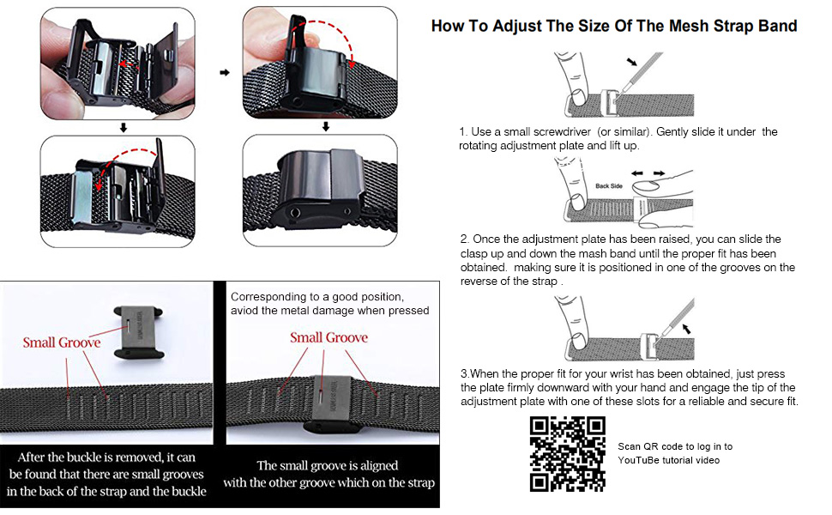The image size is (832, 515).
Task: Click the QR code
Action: [x=567, y=454]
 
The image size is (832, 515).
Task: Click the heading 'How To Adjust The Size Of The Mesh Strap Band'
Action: [x=614, y=26]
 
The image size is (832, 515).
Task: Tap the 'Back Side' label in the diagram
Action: [x=609, y=185]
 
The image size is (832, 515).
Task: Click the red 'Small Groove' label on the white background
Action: [x=62, y=342]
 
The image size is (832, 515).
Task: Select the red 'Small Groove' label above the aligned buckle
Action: [x=329, y=337]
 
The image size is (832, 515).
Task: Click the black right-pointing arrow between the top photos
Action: [x=225, y=73]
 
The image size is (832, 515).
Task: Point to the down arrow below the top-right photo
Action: [x=326, y=128]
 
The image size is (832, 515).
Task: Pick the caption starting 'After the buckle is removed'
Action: [x=106, y=474]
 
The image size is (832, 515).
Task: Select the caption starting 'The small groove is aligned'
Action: [x=329, y=474]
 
